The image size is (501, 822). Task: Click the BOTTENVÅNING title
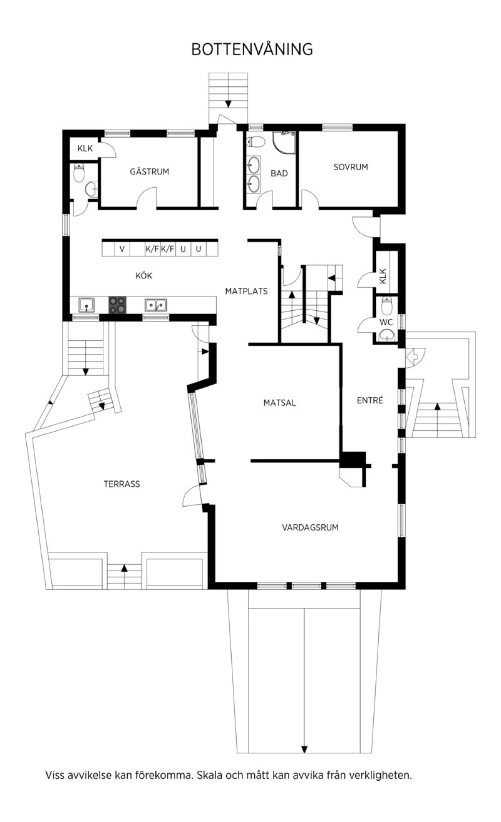pos(252,49)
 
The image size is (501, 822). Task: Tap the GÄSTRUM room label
pos(149,171)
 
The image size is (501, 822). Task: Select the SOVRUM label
pos(351,167)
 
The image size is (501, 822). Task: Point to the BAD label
pos(279,173)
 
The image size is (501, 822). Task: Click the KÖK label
pos(144,275)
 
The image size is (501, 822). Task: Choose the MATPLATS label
pos(246,291)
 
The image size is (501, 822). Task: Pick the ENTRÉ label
pos(370,400)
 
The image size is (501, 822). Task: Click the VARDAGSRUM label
pos(310,527)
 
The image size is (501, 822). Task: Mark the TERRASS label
pos(122,484)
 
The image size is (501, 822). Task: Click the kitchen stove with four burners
pos(117,305)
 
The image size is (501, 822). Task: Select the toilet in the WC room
pos(387,306)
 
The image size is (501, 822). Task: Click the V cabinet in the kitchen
pos(122,249)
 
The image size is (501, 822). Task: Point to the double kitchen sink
pos(156,305)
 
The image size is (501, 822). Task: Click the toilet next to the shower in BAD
pos(256,142)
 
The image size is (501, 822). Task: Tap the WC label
pos(386,322)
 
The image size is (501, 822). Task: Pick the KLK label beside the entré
pos(383,276)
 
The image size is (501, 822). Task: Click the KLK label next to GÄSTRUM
pos(85,148)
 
